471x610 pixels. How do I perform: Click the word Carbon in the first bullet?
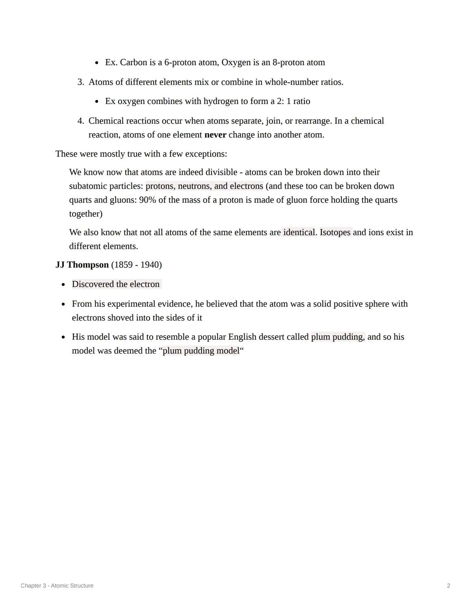(133, 62)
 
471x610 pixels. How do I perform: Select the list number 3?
(80, 82)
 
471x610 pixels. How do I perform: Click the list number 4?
(80, 121)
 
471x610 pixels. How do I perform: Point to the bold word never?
(215, 135)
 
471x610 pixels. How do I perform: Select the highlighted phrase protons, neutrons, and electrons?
(204, 186)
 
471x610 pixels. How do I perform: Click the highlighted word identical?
(299, 232)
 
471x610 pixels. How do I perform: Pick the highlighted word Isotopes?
(335, 232)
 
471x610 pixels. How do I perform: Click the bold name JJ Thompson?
(82, 265)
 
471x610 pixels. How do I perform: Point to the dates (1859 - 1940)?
(137, 265)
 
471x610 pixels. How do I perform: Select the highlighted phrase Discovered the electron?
(116, 284)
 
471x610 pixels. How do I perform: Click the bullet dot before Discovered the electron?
(64, 285)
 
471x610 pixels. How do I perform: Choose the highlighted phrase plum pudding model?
(201, 351)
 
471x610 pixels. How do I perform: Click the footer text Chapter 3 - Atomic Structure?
(57, 586)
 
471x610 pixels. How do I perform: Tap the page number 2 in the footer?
(448, 586)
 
